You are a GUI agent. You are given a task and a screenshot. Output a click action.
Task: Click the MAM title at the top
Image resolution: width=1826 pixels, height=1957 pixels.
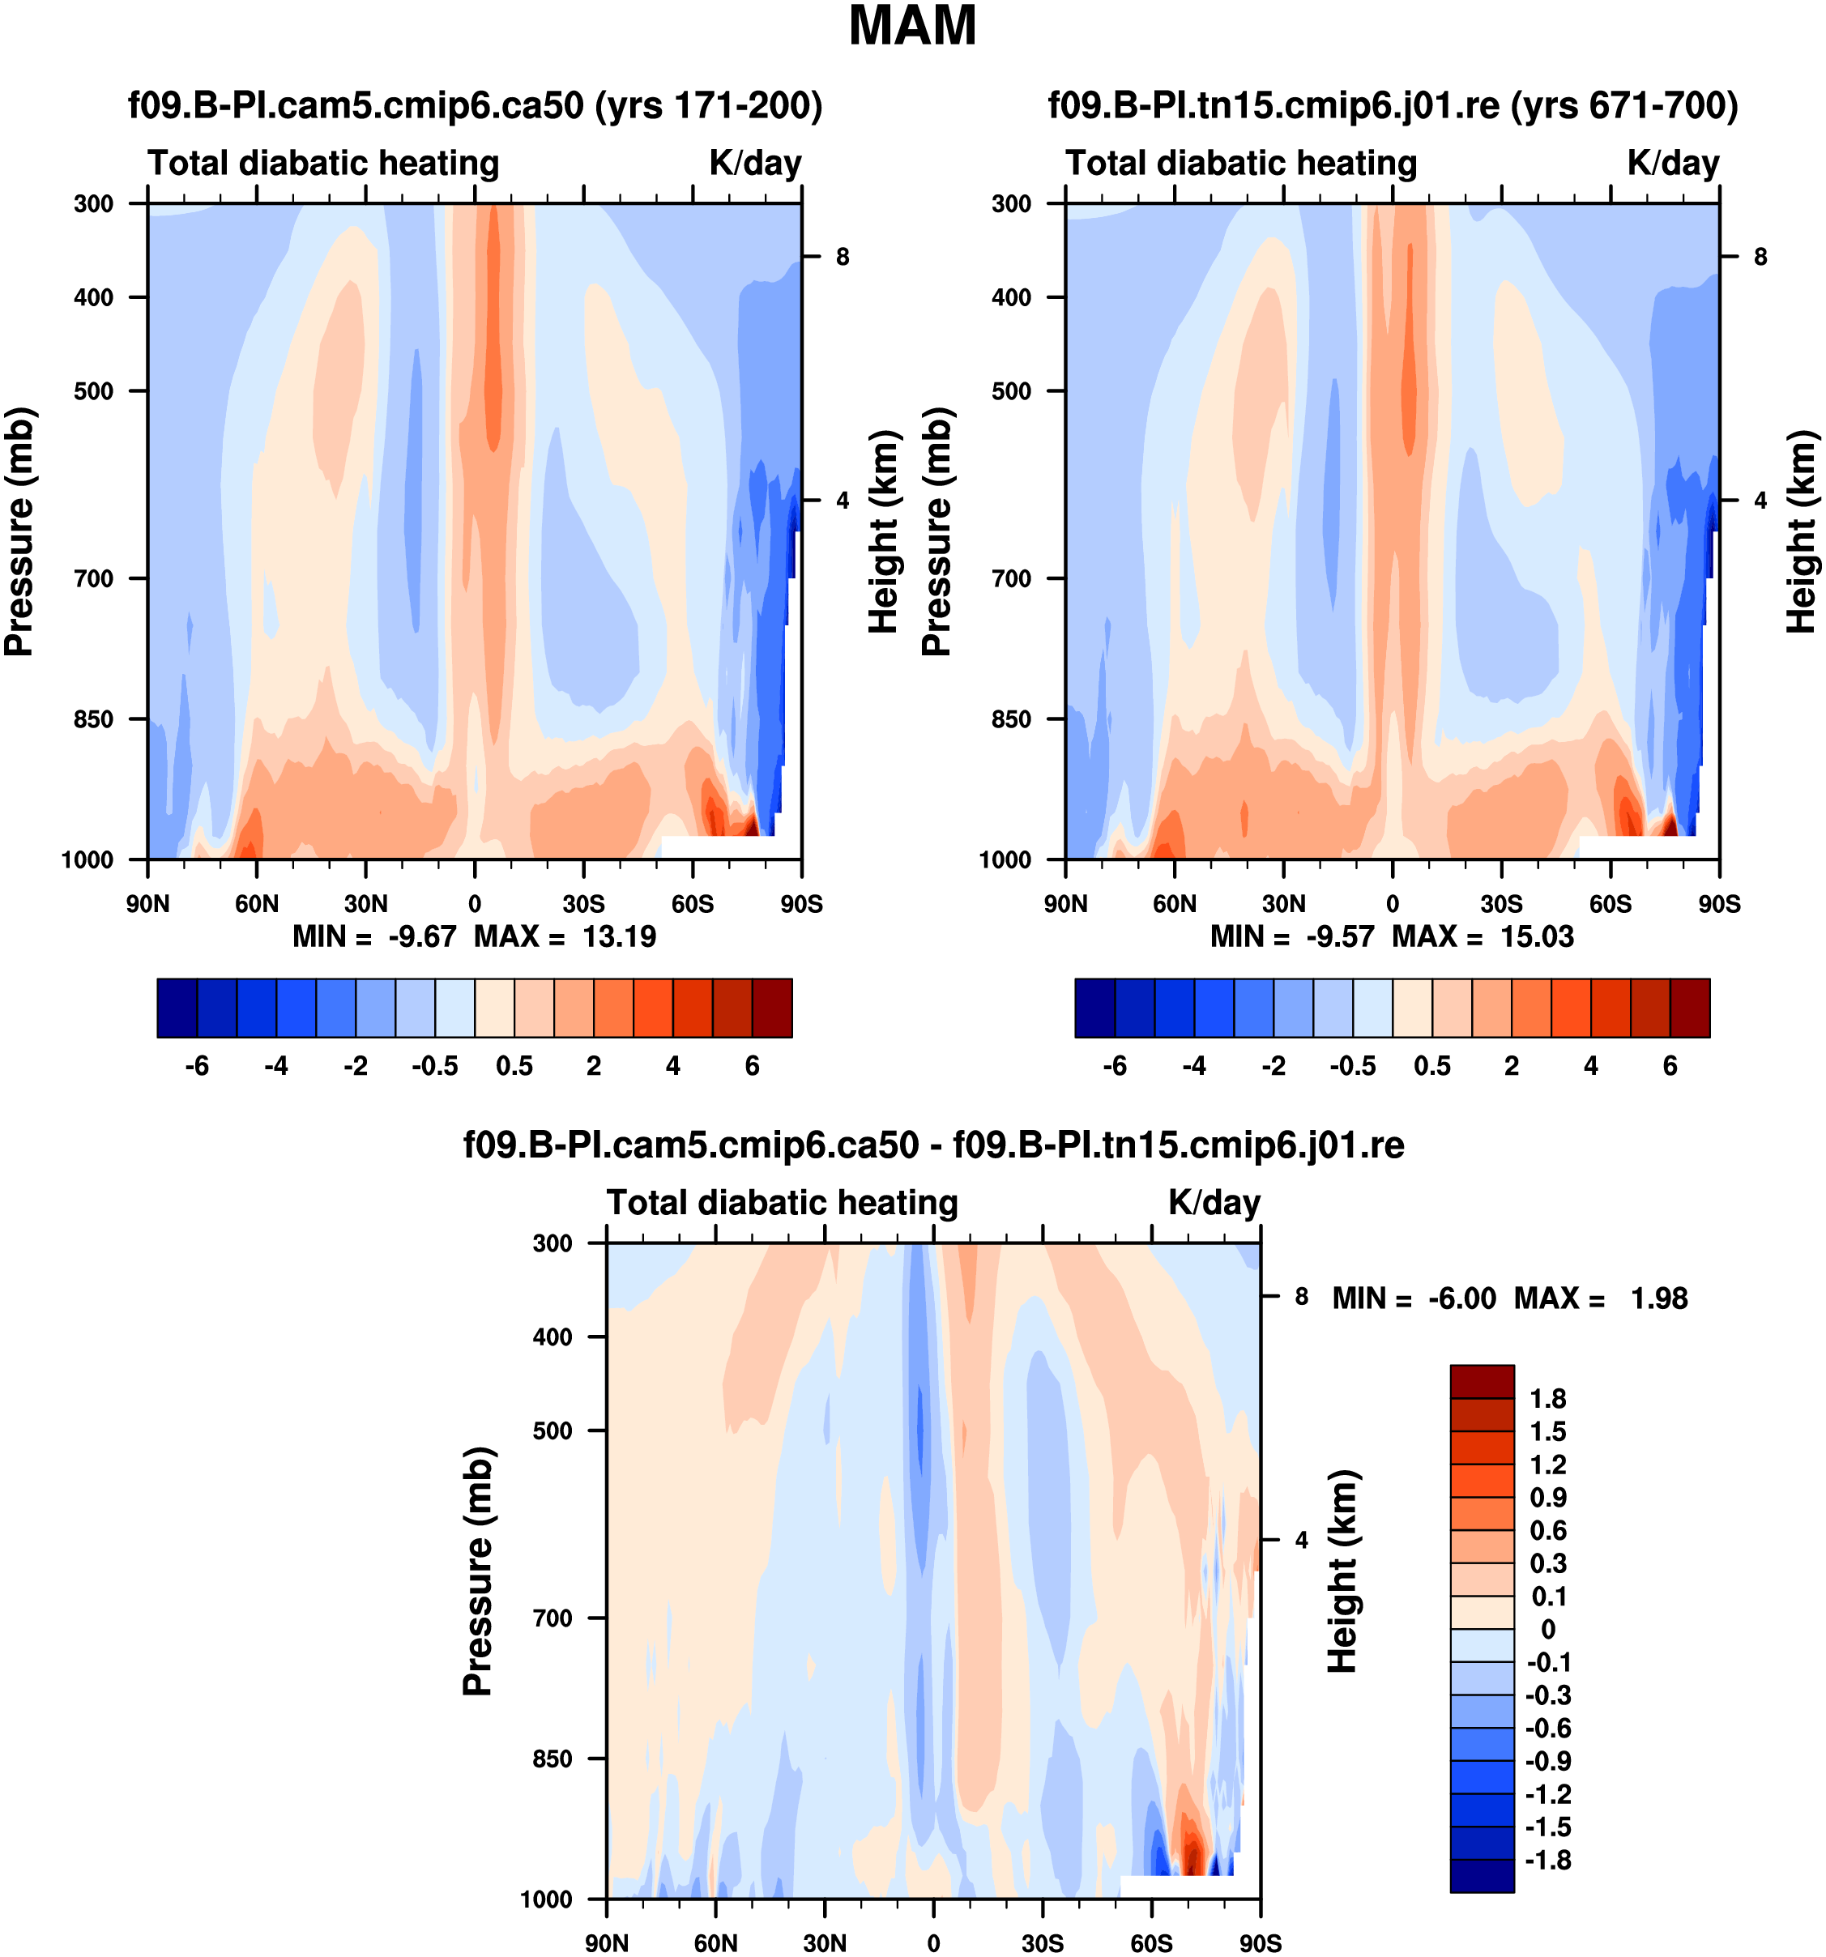[911, 27]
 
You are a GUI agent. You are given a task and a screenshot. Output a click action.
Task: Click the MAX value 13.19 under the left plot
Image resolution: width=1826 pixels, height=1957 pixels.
[619, 936]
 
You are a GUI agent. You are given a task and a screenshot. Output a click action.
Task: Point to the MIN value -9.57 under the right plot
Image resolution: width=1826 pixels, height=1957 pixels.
[1340, 936]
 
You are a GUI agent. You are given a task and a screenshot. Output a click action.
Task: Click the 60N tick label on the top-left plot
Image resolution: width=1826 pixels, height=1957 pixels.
[257, 904]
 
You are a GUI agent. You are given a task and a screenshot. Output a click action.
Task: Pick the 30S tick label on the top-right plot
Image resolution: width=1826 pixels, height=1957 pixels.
[1501, 904]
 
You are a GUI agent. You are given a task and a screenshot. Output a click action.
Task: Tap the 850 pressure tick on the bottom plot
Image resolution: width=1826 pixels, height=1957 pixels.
[552, 1759]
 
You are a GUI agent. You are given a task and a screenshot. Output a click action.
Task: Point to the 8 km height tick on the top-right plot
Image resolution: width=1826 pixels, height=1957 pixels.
[1761, 257]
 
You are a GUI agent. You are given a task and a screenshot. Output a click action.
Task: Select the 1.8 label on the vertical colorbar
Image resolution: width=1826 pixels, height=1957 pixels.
[1547, 1399]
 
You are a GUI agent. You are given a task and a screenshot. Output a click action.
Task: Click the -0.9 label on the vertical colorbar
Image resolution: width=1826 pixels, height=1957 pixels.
[1548, 1761]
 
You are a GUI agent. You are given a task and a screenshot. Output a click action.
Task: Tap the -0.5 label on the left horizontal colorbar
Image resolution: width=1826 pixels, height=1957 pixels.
[435, 1066]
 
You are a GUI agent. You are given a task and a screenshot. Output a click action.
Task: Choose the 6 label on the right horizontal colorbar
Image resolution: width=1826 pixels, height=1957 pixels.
[1670, 1066]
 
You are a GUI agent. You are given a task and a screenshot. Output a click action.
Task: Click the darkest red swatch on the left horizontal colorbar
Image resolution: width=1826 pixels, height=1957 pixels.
[772, 1008]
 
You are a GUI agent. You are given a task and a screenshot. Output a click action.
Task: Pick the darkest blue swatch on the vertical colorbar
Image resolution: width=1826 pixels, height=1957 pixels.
[1482, 1875]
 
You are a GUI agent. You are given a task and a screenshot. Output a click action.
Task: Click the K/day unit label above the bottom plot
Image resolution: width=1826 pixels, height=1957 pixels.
[1214, 1203]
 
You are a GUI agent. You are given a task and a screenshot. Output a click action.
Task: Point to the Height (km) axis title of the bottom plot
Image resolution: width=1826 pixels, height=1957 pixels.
[1342, 1571]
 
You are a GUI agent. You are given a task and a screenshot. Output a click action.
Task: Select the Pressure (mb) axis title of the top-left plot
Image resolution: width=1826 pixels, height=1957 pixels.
[19, 531]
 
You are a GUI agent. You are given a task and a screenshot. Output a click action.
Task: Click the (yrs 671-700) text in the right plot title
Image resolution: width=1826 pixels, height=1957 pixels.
[1624, 104]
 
